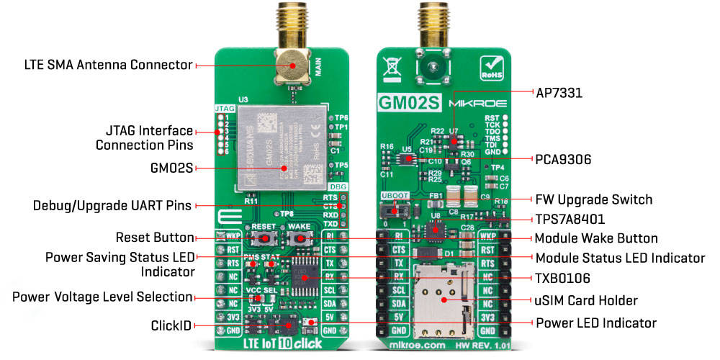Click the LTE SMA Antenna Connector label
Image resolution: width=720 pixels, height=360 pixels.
[108, 65]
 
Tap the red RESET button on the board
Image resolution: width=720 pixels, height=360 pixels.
[264, 238]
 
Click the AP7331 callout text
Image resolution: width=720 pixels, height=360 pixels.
[559, 93]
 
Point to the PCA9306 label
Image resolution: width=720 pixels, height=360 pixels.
[563, 158]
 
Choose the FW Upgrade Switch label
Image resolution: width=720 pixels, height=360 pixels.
[594, 199]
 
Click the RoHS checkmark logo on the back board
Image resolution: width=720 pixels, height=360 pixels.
[490, 69]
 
